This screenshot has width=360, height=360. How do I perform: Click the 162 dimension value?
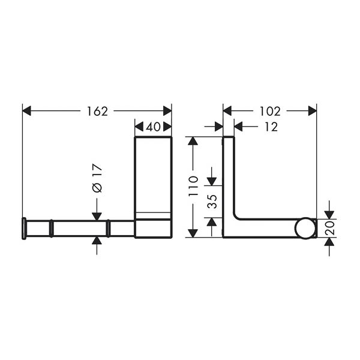(97, 112)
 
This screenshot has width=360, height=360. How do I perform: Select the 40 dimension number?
(153, 127)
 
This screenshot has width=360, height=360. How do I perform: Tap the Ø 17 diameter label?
(97, 178)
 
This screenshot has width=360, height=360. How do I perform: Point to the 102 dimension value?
(270, 112)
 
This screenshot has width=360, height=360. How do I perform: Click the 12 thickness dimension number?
(271, 127)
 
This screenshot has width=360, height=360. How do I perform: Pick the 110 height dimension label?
(193, 186)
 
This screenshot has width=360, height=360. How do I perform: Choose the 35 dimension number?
(212, 202)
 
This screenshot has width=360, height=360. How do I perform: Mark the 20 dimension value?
(329, 228)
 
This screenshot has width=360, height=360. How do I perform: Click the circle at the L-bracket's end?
(305, 228)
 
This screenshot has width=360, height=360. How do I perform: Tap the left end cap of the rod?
(24, 228)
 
